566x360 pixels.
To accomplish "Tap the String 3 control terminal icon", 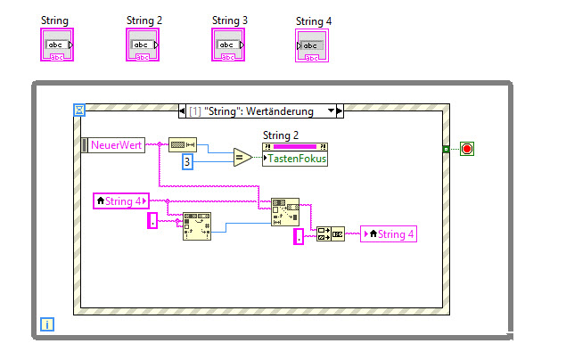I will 227,45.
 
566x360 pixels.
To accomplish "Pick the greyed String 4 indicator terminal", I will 312,45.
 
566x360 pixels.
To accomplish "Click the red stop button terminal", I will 467,148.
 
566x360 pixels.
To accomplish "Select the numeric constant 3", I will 188,162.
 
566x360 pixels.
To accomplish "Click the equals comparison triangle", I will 242,158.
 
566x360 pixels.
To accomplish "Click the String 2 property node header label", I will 282,135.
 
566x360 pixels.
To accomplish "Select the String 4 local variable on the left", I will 121,201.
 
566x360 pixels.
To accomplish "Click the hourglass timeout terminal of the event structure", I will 79,110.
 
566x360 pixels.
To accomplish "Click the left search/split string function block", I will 196,227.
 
